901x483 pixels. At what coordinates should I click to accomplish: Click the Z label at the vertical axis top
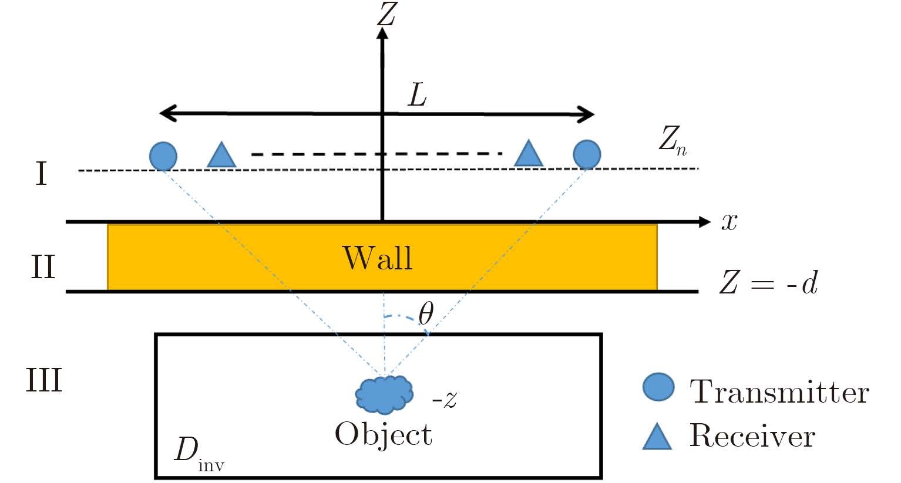[386, 14]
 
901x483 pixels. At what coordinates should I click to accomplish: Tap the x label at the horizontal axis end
[729, 222]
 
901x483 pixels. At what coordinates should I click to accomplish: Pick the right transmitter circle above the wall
[587, 154]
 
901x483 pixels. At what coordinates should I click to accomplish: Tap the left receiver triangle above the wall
[222, 156]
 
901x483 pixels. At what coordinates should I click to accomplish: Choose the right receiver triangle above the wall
[528, 154]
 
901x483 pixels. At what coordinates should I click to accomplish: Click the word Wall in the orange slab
[377, 257]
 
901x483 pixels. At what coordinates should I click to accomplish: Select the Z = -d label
[768, 284]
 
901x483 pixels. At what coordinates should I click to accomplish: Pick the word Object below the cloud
[384, 435]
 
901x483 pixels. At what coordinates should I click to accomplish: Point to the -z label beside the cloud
[445, 400]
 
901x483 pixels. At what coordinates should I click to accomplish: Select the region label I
[41, 174]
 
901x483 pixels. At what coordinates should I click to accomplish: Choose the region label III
[44, 380]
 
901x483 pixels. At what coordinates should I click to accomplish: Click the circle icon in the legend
[658, 387]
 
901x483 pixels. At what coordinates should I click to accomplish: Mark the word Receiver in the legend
[752, 436]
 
